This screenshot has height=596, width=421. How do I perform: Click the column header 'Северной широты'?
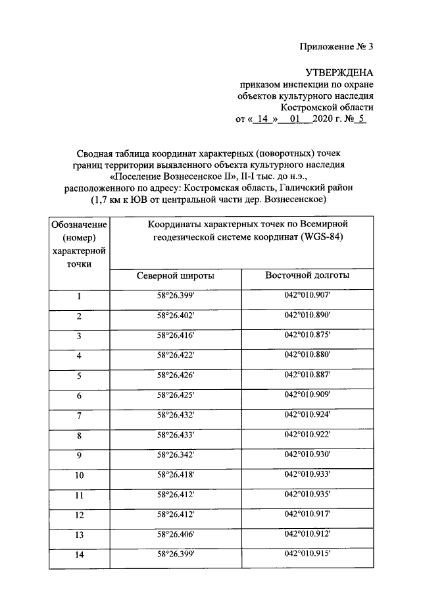point(175,276)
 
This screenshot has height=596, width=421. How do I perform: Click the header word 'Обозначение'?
point(78,225)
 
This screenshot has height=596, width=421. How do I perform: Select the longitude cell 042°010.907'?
point(307,296)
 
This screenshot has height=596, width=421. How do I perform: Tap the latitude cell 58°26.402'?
point(176,316)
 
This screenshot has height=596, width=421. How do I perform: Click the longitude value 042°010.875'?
point(307,335)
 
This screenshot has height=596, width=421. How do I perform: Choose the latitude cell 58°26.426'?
point(176,375)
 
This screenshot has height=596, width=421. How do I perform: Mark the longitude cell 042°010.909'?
point(307,395)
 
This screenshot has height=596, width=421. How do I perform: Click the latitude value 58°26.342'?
point(176,454)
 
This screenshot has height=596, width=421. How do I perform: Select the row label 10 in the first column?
point(79,475)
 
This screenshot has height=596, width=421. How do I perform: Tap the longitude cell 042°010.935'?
point(307,494)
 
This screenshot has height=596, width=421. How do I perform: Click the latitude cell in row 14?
point(176,554)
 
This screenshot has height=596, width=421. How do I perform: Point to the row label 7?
point(79,416)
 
